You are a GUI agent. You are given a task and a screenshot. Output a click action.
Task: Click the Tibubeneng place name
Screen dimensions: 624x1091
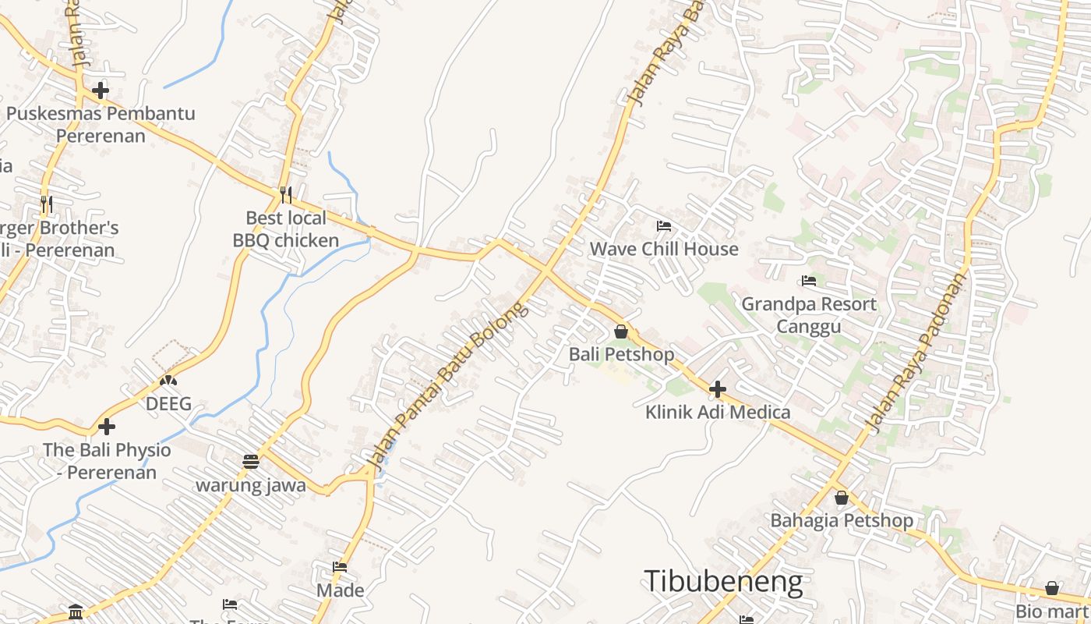pos(723,582)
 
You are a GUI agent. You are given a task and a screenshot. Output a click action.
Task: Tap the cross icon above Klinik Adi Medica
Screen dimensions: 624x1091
pos(718,388)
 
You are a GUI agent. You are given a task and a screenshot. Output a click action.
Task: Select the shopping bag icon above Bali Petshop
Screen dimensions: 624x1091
pos(621,331)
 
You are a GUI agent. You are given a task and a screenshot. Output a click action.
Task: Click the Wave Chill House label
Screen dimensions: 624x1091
pos(664,249)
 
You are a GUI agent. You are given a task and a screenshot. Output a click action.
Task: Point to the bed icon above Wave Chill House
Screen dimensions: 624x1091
pos(664,226)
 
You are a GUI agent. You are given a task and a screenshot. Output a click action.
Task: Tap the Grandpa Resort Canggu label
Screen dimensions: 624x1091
pos(809,314)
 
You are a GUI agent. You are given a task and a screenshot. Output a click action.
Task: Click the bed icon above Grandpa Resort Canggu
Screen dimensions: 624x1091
pos(809,281)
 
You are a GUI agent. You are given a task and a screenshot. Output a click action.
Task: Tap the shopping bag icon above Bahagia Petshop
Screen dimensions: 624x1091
pos(842,497)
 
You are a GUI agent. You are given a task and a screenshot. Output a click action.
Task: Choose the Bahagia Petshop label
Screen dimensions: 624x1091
pos(842,520)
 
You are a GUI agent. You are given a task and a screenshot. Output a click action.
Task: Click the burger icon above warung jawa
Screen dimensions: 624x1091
pos(250,461)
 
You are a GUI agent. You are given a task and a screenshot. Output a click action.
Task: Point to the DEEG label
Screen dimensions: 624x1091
pos(168,404)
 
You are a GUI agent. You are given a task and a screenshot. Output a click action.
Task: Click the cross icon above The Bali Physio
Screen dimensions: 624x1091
pos(107,427)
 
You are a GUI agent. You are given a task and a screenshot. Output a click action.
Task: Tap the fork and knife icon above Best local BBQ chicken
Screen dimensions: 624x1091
pos(286,194)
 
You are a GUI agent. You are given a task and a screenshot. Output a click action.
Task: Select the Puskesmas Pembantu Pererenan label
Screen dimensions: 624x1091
pos(101,124)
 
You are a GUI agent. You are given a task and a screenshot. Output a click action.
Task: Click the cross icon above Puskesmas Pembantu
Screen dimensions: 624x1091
pos(101,90)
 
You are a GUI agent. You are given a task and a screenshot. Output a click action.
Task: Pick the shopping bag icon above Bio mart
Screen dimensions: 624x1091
pos(1052,588)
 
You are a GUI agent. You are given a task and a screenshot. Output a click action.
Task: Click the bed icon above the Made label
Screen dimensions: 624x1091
pos(340,567)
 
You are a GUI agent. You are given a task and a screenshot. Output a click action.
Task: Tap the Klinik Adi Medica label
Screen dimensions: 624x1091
pos(718,412)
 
